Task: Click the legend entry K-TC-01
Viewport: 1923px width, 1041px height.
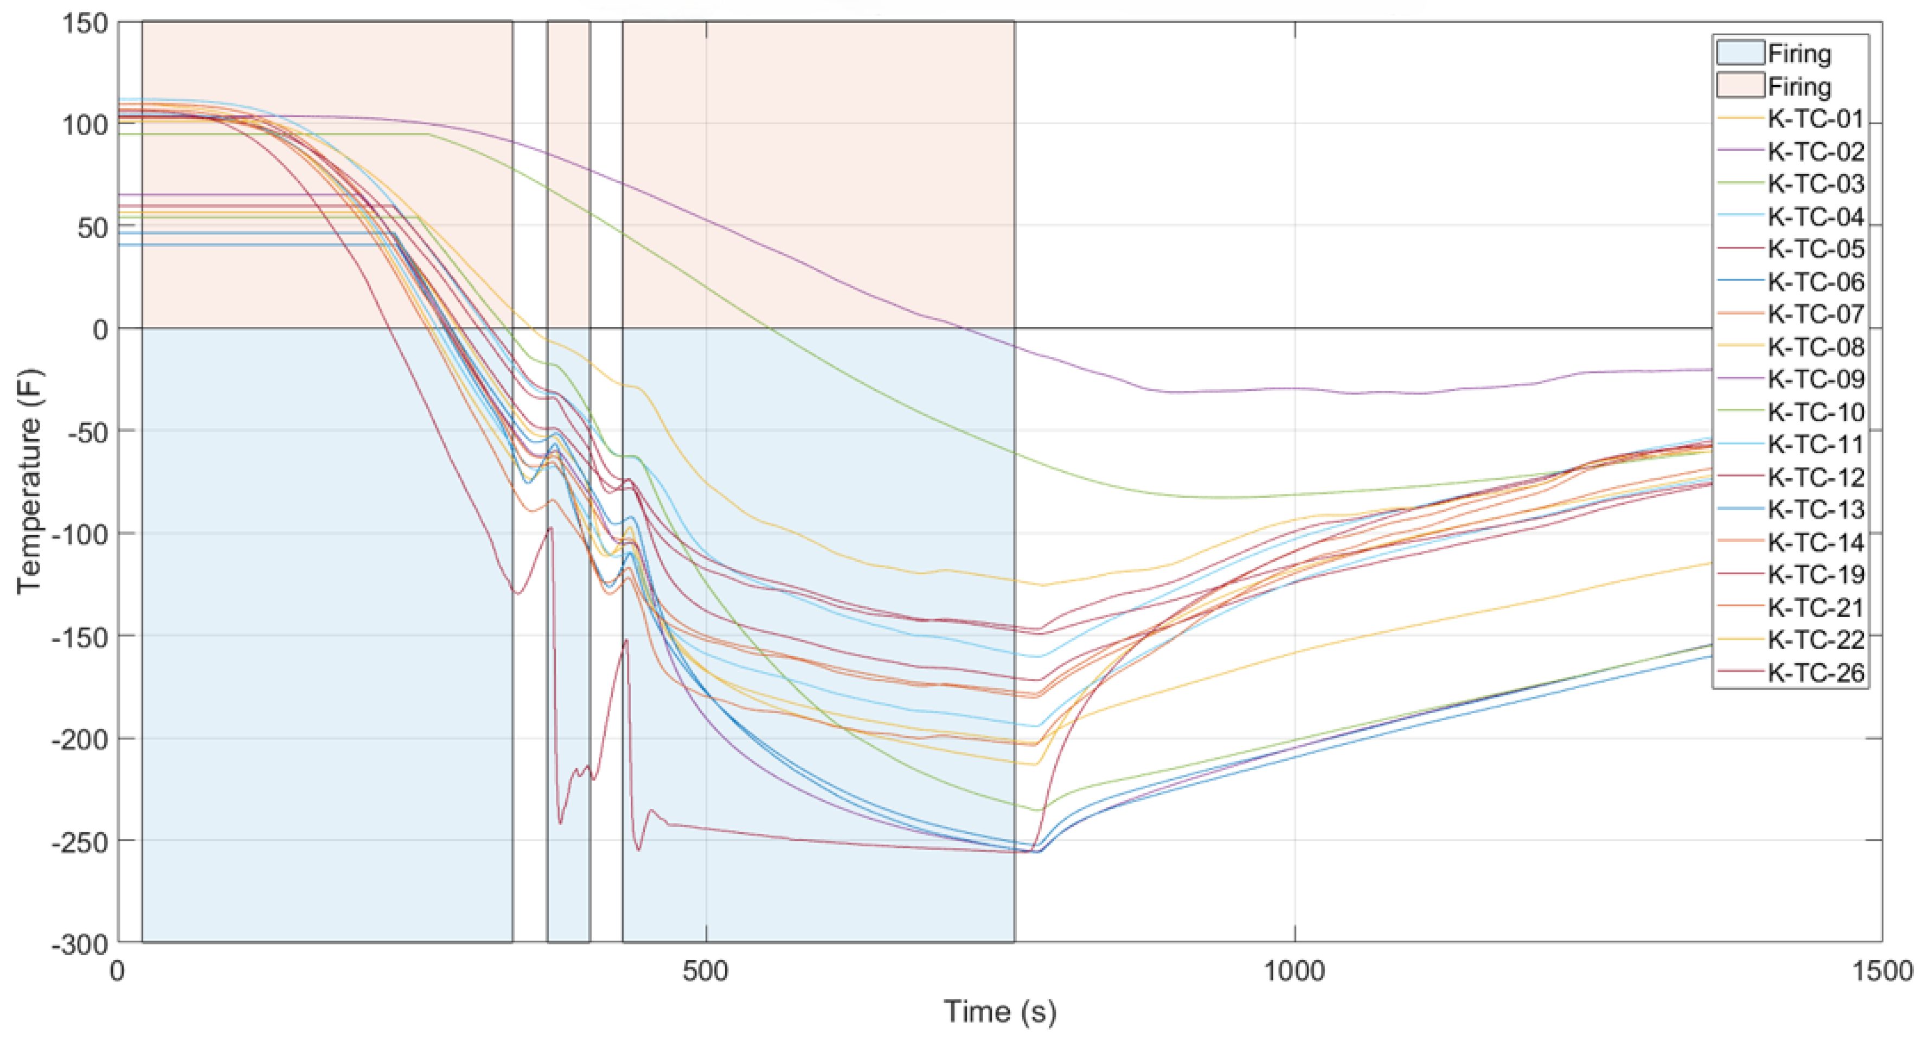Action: (x=1816, y=119)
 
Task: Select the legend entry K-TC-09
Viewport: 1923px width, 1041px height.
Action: (x=1816, y=379)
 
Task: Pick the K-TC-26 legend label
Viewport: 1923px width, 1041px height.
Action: (x=1816, y=673)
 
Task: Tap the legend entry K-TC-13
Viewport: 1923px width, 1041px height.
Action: (x=1816, y=510)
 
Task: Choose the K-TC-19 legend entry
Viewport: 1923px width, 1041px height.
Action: (x=1816, y=575)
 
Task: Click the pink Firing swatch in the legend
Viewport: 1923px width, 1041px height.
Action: (x=1740, y=86)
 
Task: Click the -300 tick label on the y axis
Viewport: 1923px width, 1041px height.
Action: (x=81, y=944)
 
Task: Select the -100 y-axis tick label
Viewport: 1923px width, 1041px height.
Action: (x=81, y=534)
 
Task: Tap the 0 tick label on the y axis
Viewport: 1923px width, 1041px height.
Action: (x=100, y=329)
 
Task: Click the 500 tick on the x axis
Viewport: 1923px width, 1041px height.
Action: (x=706, y=971)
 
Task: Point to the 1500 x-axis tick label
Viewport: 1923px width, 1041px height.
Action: (x=1881, y=971)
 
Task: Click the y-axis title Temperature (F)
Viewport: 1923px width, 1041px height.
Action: (x=29, y=481)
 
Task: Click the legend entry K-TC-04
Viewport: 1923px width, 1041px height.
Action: (x=1816, y=216)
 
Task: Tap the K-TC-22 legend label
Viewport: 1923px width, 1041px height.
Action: (x=1816, y=640)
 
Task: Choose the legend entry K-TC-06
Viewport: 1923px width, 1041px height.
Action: (x=1816, y=281)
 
